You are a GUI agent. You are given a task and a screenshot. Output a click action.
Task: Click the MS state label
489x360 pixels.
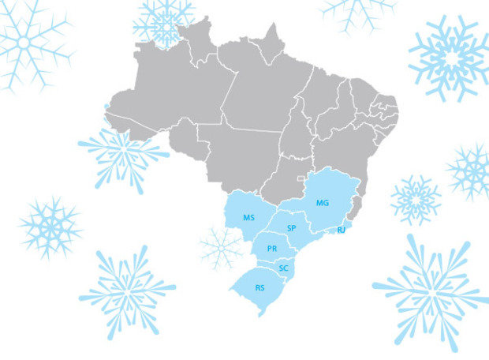pos(248,217)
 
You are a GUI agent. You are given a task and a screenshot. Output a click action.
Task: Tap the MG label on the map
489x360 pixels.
pos(322,203)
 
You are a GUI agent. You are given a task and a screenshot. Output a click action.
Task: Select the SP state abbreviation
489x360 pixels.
pos(291,227)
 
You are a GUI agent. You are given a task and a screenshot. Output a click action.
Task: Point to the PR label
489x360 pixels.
pos(272,248)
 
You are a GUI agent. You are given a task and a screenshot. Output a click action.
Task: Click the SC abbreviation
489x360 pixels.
pos(284,268)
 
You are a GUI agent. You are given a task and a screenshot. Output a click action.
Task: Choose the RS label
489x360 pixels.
pos(259,288)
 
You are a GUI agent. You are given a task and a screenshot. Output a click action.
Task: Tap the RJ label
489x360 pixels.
pos(342,230)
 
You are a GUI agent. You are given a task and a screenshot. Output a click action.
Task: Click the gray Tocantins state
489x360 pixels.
pos(298,130)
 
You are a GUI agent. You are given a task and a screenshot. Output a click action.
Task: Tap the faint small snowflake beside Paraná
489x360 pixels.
pos(221,248)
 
